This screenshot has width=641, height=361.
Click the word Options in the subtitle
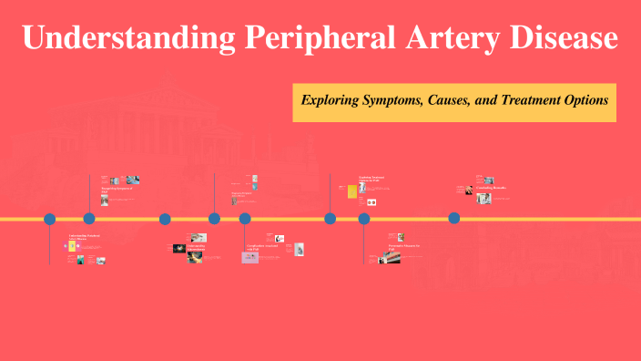(x=586, y=100)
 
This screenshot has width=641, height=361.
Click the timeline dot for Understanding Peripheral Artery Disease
(x=50, y=219)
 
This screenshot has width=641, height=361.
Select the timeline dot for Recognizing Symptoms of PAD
(x=89, y=219)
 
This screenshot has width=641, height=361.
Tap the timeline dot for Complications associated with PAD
(x=245, y=219)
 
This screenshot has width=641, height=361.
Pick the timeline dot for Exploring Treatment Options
(x=331, y=219)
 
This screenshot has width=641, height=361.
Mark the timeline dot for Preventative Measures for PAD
(x=364, y=219)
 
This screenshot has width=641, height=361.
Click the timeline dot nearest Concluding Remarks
(x=453, y=219)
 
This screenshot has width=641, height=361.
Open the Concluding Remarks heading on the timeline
(x=493, y=188)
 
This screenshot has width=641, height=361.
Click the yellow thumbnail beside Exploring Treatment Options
(x=351, y=191)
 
